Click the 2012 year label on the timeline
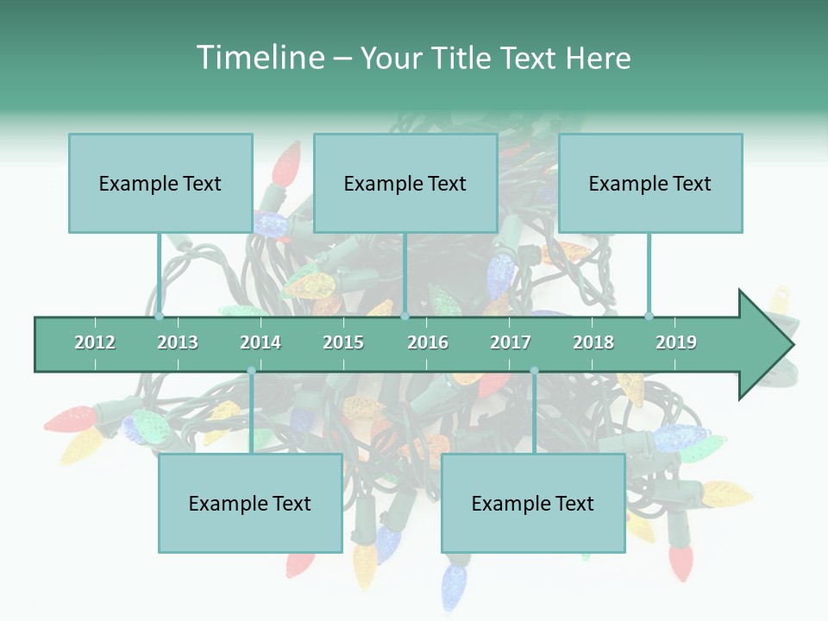95,342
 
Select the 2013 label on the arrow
178,342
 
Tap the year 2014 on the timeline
260,342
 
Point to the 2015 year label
343,342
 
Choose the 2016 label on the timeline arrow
428,342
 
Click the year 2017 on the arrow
511,342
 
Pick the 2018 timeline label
593,342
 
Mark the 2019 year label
676,342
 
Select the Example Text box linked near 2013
160,183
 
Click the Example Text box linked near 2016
405,183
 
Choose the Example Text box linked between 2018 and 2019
650,183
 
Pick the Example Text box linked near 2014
250,503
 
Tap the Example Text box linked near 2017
533,503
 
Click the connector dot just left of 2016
405,317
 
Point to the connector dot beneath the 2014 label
251,371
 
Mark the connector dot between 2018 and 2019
649,317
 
